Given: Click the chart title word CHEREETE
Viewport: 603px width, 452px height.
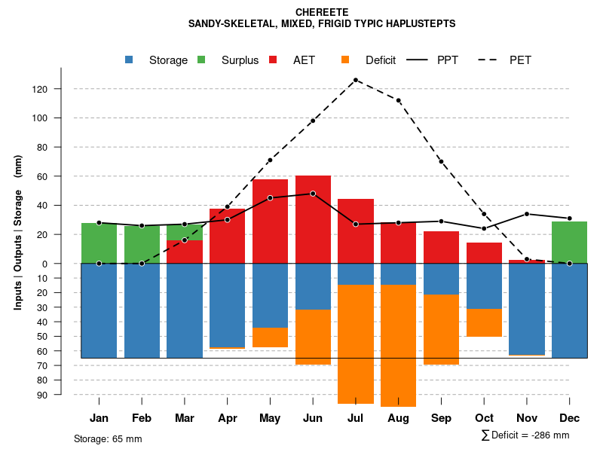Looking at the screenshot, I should pyautogui.click(x=322, y=12).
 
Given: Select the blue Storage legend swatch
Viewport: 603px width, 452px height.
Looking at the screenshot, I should pyautogui.click(x=130, y=60).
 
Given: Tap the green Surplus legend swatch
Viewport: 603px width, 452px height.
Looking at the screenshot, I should pyautogui.click(x=202, y=60).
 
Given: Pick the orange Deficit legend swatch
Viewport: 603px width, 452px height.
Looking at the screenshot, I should pyautogui.click(x=346, y=60).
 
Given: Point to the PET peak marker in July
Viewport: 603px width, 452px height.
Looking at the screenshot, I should pyautogui.click(x=355, y=80).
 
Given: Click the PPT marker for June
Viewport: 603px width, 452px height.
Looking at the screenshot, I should pyautogui.click(x=313, y=194).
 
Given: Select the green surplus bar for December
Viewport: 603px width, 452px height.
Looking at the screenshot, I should pyautogui.click(x=569, y=242).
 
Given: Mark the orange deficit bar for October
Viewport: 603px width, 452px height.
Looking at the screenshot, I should pyautogui.click(x=484, y=322).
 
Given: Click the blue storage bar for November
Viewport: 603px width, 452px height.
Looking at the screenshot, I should pyautogui.click(x=527, y=309).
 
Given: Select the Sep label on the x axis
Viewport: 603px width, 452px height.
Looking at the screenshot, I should pyautogui.click(x=441, y=418).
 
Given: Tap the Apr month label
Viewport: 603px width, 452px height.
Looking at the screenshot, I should pyautogui.click(x=228, y=418).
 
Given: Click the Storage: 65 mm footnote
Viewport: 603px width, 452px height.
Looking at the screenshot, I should pyautogui.click(x=108, y=438).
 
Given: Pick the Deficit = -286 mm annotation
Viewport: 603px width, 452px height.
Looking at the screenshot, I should pyautogui.click(x=525, y=435).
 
